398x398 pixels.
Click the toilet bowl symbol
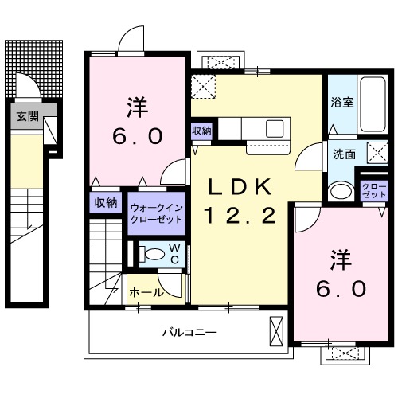149,255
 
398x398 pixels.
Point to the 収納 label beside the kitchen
201,131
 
